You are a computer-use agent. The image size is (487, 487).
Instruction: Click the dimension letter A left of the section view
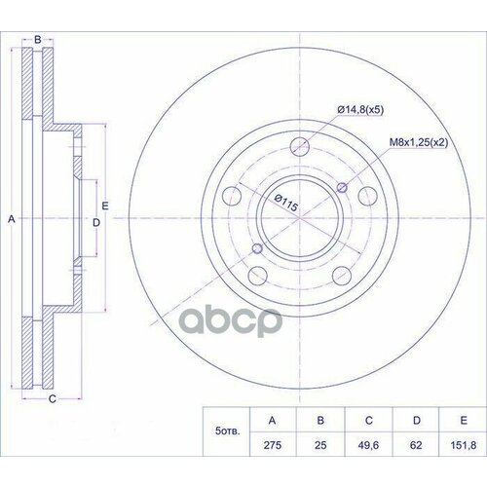[x=12, y=221]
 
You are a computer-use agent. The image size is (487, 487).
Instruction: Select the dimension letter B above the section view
[x=38, y=39]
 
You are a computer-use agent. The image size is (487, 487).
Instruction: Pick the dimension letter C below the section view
[x=52, y=398]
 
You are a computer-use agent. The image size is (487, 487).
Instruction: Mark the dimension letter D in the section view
[x=95, y=223]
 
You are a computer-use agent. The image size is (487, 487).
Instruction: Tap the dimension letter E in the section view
[x=105, y=205]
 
